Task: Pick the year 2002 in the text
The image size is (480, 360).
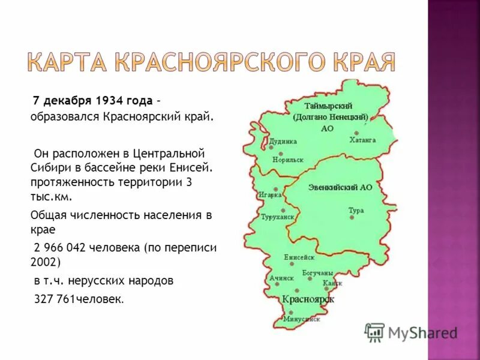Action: [44, 262]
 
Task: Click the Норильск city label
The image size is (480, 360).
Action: [287, 160]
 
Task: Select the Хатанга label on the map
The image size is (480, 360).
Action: [362, 140]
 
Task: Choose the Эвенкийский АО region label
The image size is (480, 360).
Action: [340, 187]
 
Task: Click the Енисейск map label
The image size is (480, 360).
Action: [299, 257]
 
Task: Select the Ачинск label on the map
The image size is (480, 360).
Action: [282, 278]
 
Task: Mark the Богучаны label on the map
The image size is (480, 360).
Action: [317, 273]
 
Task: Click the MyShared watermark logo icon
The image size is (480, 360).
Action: [375, 332]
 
